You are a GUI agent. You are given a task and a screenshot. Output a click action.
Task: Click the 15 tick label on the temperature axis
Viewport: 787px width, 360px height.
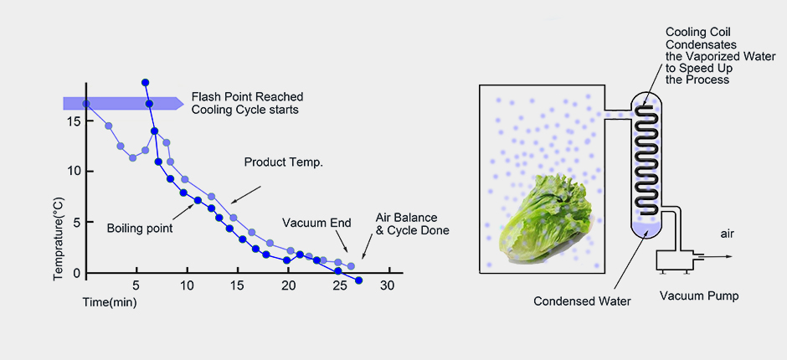[74, 121]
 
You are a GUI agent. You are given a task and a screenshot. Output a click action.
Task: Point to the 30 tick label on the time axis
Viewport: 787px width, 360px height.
[388, 285]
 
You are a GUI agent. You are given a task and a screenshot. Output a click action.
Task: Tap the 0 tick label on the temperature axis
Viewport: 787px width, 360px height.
[76, 273]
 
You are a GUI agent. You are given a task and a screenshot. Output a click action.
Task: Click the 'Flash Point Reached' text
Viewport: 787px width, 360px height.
[247, 96]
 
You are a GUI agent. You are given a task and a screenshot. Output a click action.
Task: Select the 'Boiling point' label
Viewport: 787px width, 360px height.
[139, 227]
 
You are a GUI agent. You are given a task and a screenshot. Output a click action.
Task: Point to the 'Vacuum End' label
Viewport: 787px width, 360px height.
[316, 223]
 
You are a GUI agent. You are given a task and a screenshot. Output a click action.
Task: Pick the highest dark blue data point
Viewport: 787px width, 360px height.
[146, 82]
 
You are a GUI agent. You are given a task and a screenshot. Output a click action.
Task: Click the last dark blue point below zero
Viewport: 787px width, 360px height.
[358, 280]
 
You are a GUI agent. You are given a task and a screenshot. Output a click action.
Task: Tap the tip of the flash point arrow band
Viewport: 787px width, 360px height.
[183, 103]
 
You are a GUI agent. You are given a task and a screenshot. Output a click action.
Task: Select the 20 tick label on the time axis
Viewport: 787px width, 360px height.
[288, 285]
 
